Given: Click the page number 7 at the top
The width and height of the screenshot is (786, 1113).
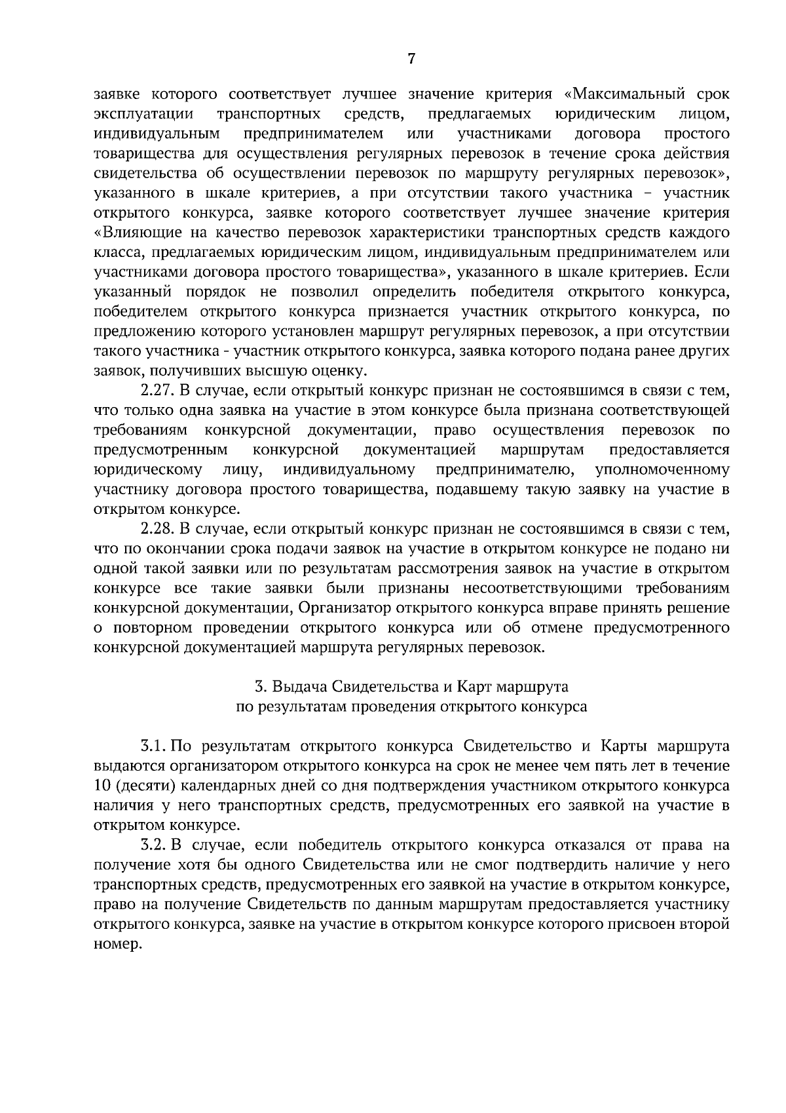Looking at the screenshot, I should tap(411, 59).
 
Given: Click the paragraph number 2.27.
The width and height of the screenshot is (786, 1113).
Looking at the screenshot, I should tap(156, 391).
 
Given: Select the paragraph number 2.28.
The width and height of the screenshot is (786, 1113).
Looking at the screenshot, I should tap(156, 529).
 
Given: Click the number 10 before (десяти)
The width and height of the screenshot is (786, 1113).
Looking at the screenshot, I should tap(104, 786).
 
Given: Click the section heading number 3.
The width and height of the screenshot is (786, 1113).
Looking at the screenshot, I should tap(259, 687).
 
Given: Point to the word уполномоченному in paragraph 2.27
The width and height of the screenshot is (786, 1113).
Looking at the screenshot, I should tap(662, 470).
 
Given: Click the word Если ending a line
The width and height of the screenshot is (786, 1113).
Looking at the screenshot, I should tap(713, 272).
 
